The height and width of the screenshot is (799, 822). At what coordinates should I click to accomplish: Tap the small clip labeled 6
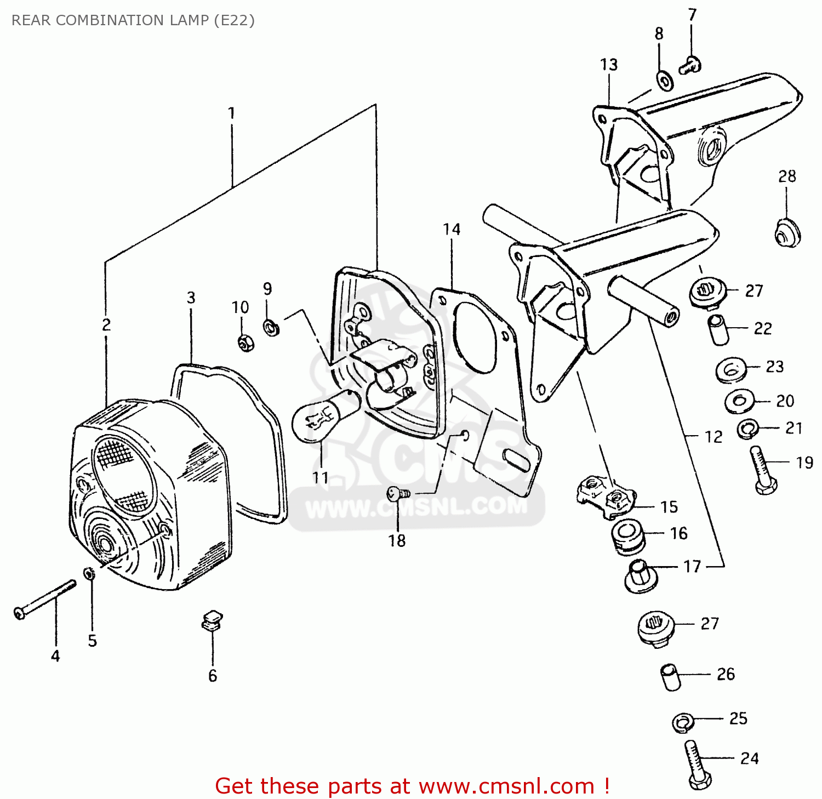(212, 621)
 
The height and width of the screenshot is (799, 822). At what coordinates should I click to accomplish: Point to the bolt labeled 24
(696, 764)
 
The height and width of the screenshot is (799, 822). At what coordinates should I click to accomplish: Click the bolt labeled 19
(763, 470)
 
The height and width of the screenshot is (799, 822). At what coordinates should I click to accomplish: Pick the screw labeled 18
(398, 493)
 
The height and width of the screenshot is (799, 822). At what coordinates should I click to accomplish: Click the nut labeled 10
(246, 343)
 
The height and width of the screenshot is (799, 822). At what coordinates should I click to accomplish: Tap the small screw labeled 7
(690, 66)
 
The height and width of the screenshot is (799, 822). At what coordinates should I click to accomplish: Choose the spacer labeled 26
(671, 677)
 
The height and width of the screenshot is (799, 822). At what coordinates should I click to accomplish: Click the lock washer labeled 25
(683, 722)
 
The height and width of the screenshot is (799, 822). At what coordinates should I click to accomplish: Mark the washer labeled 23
(731, 370)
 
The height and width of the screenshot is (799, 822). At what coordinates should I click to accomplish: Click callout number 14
(452, 229)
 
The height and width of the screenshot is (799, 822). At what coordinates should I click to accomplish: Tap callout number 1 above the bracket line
(231, 113)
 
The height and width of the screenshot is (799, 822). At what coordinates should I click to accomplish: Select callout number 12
(713, 437)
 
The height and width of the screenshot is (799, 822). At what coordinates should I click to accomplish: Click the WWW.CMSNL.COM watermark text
(416, 507)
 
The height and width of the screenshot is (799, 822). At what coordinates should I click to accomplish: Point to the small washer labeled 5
(89, 573)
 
